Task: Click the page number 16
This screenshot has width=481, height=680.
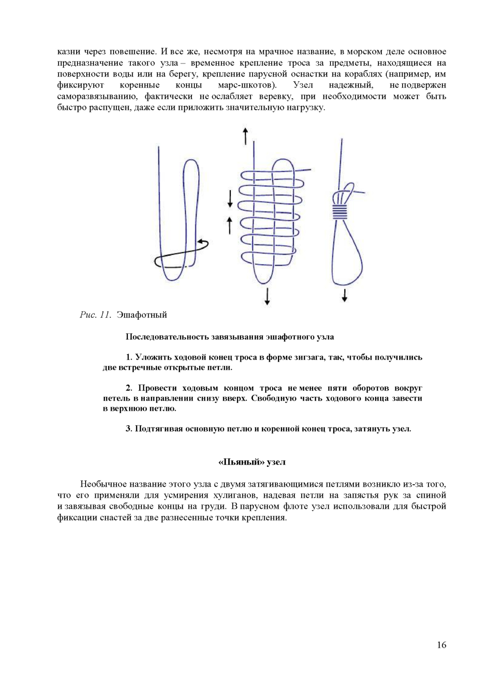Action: [x=442, y=645]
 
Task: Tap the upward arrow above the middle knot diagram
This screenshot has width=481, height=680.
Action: [x=245, y=136]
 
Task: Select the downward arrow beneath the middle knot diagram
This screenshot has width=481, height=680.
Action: [x=267, y=296]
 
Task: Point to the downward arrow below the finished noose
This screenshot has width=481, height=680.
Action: [x=344, y=295]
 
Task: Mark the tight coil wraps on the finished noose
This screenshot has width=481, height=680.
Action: [x=340, y=211]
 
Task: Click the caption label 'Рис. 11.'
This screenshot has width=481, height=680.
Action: [x=95, y=315]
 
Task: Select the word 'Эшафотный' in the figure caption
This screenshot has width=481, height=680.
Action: [x=142, y=315]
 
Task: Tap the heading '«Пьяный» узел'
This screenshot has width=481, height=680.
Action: [x=252, y=462]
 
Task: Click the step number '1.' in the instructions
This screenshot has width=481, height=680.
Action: [x=129, y=357]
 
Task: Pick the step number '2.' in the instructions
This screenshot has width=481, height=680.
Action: [x=129, y=388]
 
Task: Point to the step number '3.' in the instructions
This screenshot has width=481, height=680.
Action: [x=129, y=428]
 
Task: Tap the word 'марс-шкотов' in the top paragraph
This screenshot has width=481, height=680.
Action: [x=247, y=85]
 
